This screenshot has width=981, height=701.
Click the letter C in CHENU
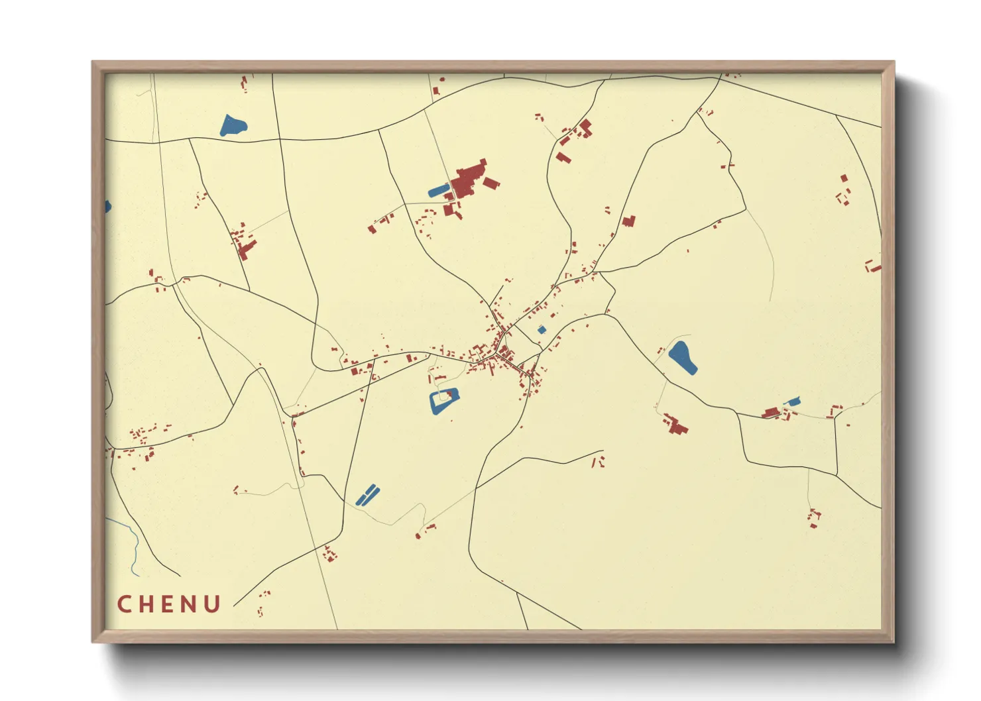(x=124, y=604)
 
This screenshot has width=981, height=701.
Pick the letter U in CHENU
(x=213, y=604)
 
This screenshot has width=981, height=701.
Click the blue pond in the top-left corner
(x=233, y=125)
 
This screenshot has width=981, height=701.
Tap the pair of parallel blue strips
(x=367, y=494)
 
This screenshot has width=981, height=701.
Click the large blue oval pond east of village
(x=682, y=357)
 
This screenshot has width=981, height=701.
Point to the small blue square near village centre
(x=542, y=329)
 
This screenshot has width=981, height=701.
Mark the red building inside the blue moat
(x=452, y=396)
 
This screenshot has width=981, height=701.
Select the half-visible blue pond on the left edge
(x=107, y=207)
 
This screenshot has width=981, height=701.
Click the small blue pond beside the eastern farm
(x=793, y=401)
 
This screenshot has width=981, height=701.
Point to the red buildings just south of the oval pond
(x=676, y=424)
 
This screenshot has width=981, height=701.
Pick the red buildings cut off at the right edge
(x=874, y=267)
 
